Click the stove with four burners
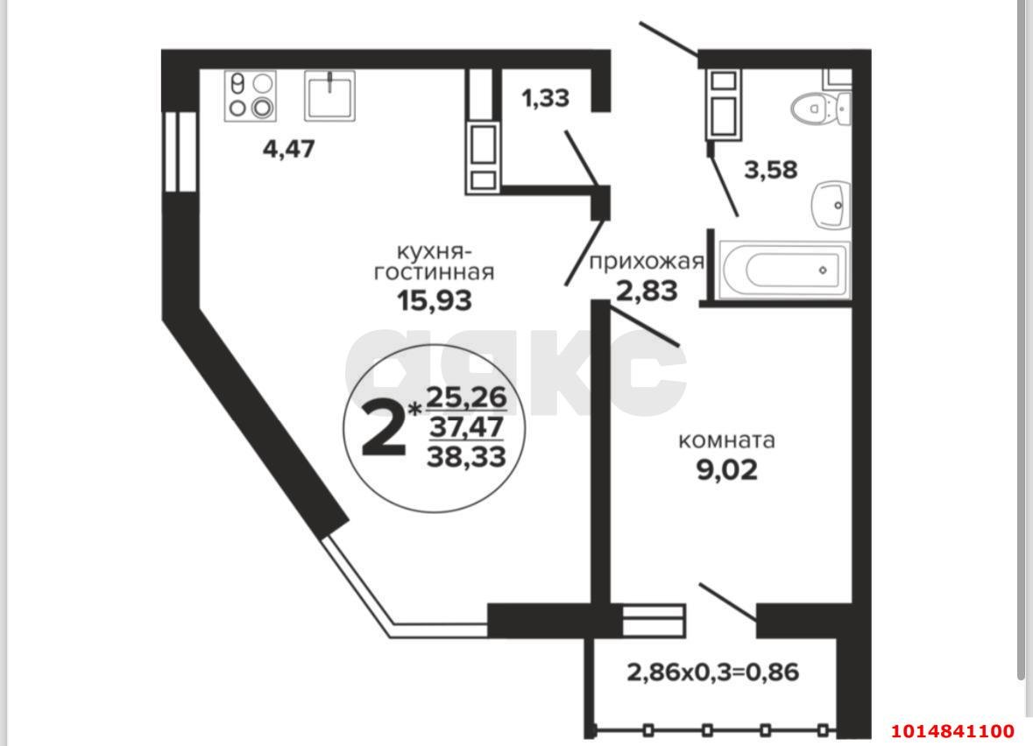pyautogui.click(x=251, y=95)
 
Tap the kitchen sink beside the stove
pyautogui.click(x=329, y=95)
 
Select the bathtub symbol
pyautogui.click(x=784, y=270)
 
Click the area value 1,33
pyautogui.click(x=545, y=99)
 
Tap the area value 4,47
pyautogui.click(x=288, y=149)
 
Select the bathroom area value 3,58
pyautogui.click(x=771, y=170)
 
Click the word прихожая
pyautogui.click(x=647, y=262)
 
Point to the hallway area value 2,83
pyautogui.click(x=647, y=290)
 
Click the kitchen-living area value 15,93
pyautogui.click(x=434, y=301)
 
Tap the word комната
pyautogui.click(x=727, y=440)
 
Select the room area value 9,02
pyautogui.click(x=726, y=471)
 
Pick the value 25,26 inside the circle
pyautogui.click(x=466, y=398)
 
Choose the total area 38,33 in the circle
pyautogui.click(x=466, y=456)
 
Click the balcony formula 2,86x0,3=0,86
pyautogui.click(x=712, y=672)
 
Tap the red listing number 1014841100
pyautogui.click(x=952, y=731)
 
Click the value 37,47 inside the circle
pyautogui.click(x=466, y=426)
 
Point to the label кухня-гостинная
pyautogui.click(x=434, y=262)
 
